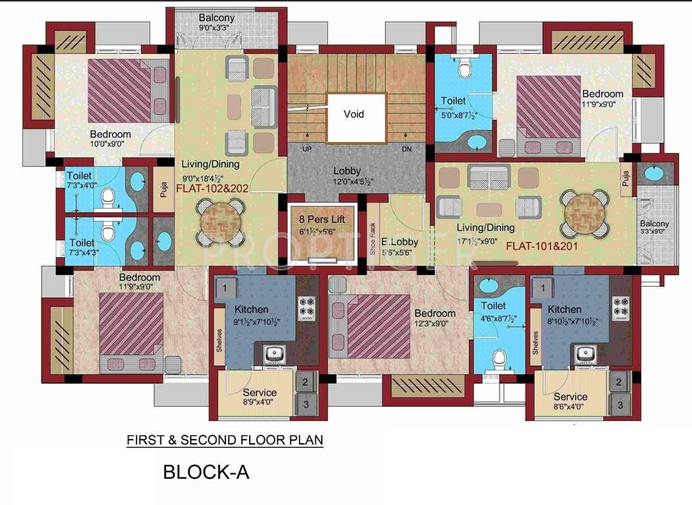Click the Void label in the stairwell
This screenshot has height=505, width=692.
[354, 114]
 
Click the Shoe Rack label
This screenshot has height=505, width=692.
[373, 239]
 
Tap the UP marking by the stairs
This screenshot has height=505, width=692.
[307, 149]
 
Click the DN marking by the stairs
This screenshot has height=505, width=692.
[406, 149]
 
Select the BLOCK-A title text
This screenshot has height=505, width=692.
[206, 471]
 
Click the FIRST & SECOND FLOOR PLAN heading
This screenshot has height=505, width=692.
[225, 439]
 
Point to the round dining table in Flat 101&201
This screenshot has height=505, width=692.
[581, 210]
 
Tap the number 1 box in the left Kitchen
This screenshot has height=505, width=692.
[225, 287]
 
